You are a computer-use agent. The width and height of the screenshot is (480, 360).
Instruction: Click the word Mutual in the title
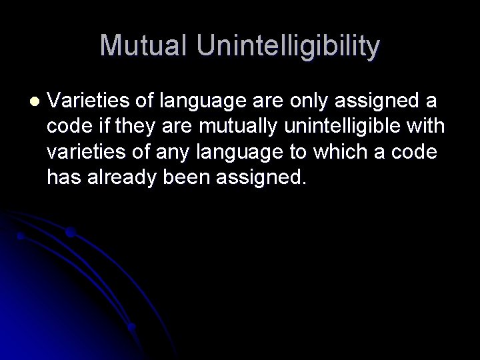click(139, 46)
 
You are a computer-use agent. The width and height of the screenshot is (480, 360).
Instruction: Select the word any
click(175, 152)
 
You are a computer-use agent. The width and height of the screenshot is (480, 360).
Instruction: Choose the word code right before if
click(69, 126)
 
